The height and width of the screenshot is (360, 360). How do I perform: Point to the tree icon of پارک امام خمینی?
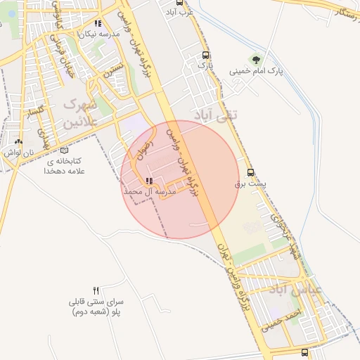click(x=254, y=59)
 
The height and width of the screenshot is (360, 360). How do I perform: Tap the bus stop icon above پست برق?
click(x=250, y=172)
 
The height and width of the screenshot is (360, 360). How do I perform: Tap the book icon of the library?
click(x=65, y=150)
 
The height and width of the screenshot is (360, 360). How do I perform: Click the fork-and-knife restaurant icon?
click(x=96, y=290)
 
